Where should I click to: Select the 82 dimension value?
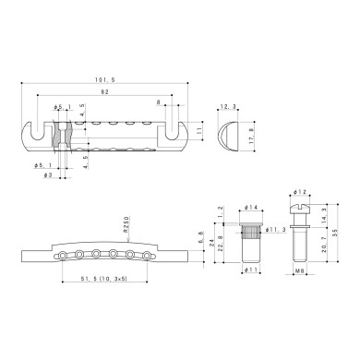pos(108,93)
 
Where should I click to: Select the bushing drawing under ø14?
pos(250,235)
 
